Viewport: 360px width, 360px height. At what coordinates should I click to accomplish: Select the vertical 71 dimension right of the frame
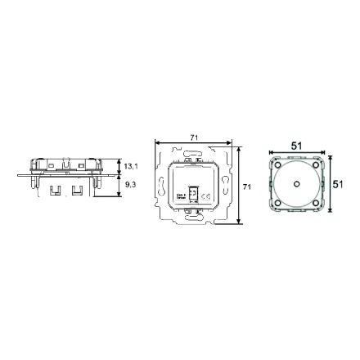pos(245,187)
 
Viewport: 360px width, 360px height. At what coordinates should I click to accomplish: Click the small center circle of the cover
pos(297,184)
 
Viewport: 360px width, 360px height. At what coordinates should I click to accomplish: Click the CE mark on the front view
pos(206,196)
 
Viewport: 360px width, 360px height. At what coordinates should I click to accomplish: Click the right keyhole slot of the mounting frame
pos(226,187)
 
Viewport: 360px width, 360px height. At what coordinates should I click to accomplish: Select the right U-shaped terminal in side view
pos(77,192)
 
